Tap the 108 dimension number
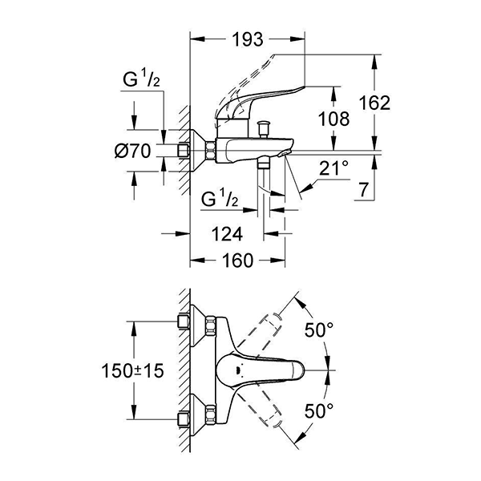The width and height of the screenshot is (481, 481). coord(333,119)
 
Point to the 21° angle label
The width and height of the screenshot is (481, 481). coord(334,169)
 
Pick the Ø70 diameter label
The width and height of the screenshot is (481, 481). coord(132,151)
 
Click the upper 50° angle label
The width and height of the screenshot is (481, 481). coord(320,329)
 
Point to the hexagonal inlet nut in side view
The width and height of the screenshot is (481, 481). coord(211,150)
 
